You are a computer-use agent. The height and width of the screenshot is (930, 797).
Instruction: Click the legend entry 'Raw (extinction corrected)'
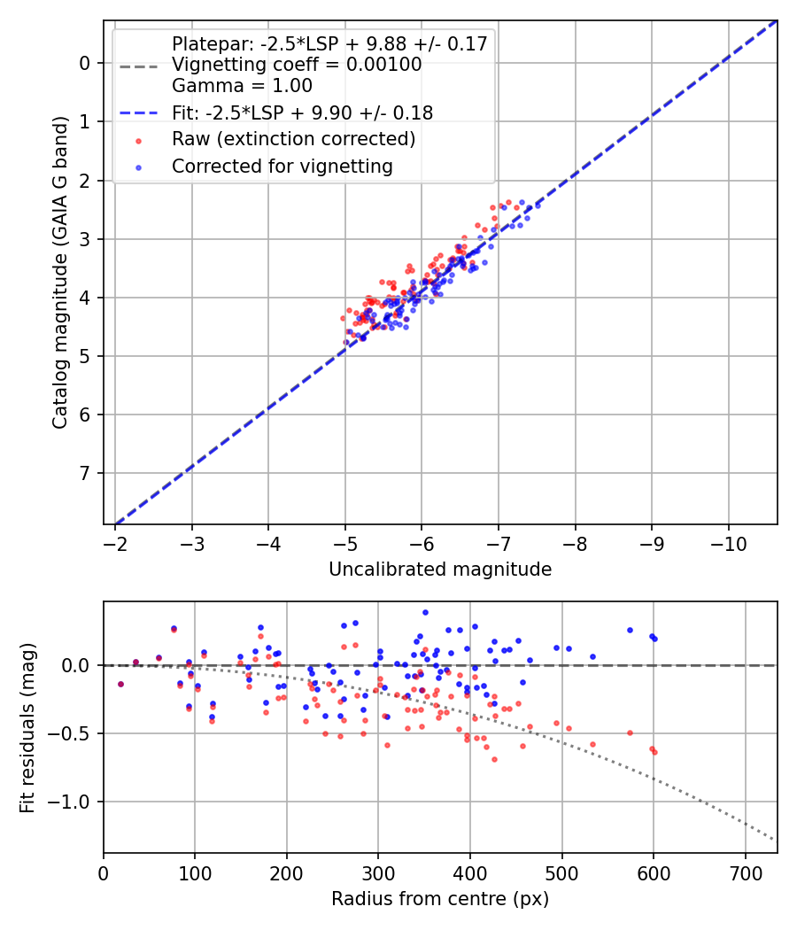(293, 139)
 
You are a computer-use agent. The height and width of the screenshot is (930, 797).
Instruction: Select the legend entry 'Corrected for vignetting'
(282, 166)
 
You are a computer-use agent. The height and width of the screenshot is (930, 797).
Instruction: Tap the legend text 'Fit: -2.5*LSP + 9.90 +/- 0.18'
(302, 112)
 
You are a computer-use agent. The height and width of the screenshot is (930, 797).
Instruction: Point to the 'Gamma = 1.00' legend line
(242, 86)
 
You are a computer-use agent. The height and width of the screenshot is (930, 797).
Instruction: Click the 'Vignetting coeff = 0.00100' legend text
(297, 65)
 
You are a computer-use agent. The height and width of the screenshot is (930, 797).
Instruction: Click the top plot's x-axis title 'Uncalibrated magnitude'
(440, 570)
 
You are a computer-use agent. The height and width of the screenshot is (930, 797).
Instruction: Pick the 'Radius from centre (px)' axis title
(440, 899)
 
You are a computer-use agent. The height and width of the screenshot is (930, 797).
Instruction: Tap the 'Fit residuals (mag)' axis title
(27, 727)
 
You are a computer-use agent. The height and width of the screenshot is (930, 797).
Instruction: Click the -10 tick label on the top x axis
(729, 543)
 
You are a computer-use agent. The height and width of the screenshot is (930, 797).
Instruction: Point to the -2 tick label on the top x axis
(115, 543)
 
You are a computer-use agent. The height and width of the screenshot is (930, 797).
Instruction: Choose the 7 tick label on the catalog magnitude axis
(85, 474)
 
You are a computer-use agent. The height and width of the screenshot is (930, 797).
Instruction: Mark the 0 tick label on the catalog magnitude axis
(85, 63)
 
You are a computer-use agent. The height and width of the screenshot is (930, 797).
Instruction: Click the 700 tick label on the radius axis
(745, 872)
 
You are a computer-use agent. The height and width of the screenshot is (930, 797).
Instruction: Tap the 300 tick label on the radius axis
(378, 872)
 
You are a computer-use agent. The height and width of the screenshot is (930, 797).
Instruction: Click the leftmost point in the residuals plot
(120, 684)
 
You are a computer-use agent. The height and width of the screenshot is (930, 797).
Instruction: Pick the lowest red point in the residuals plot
(494, 759)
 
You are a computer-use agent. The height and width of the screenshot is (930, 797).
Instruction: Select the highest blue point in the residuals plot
(425, 612)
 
